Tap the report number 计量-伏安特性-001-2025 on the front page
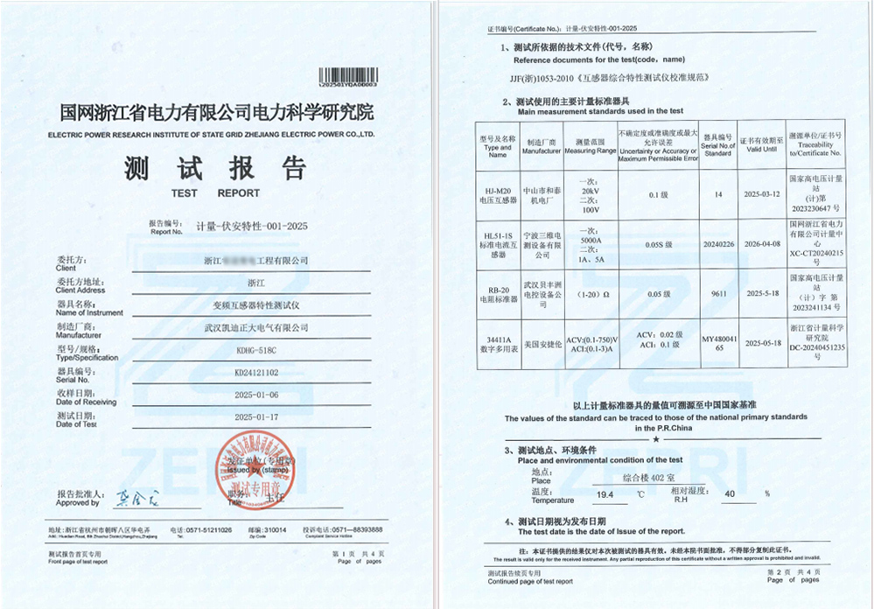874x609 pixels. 251,226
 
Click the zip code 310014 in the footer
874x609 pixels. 275,530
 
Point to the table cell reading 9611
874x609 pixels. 717,294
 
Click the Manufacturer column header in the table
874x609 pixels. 542,146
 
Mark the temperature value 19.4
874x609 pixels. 605,495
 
